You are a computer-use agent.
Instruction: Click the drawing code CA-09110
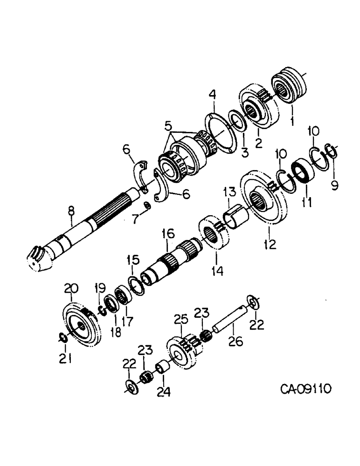pos(306,389)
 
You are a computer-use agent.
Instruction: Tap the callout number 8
pos(71,212)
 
